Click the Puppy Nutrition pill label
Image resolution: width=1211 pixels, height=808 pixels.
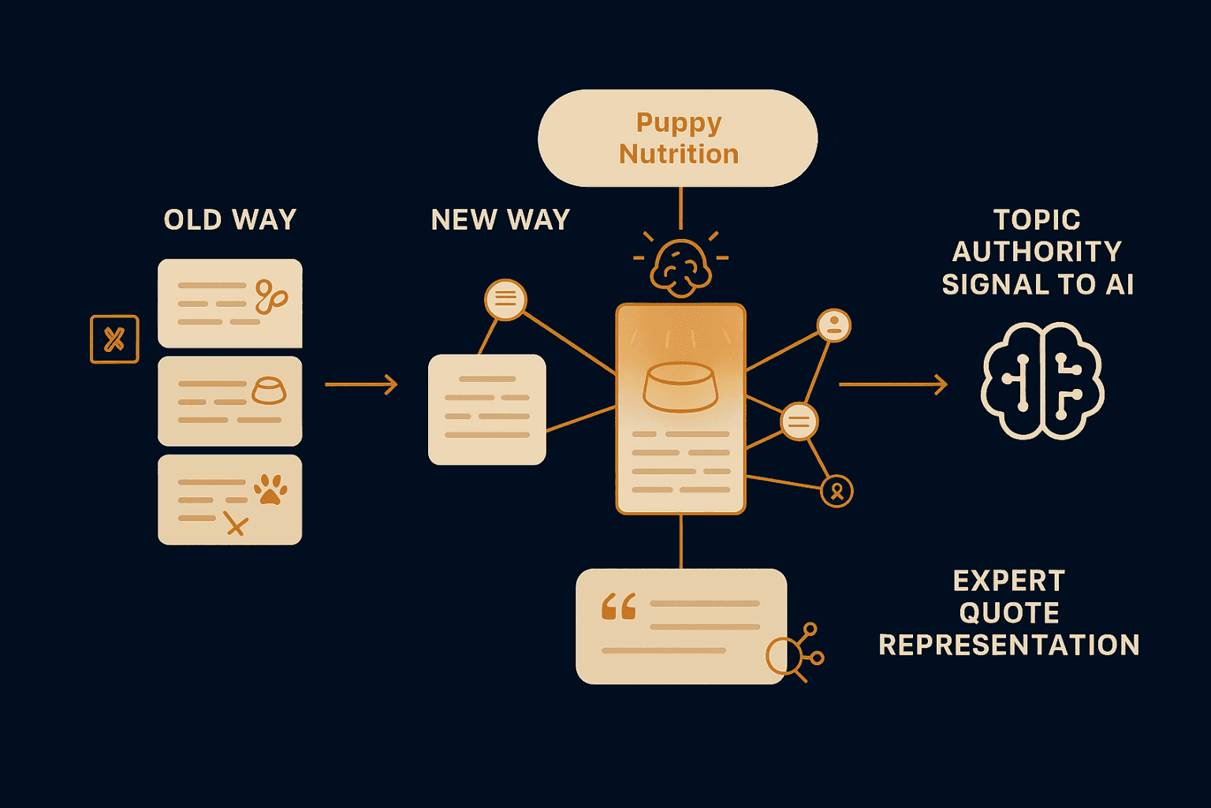pyautogui.click(x=678, y=138)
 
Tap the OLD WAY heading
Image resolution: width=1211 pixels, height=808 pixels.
pyautogui.click(x=229, y=219)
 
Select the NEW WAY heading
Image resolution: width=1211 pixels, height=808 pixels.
pyautogui.click(x=500, y=219)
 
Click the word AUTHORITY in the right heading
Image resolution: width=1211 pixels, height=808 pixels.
pyautogui.click(x=1037, y=252)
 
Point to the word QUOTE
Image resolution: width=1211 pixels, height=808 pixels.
pyautogui.click(x=1008, y=613)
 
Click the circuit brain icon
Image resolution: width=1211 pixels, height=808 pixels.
pyautogui.click(x=1041, y=380)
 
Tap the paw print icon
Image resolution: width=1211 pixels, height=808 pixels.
pyautogui.click(x=270, y=489)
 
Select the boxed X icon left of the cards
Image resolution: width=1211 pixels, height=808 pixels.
pyautogui.click(x=114, y=339)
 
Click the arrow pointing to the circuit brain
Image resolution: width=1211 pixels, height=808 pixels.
pyautogui.click(x=892, y=384)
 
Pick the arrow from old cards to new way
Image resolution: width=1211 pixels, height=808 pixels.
pyautogui.click(x=361, y=384)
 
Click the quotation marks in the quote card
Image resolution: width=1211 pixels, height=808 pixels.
pyautogui.click(x=619, y=608)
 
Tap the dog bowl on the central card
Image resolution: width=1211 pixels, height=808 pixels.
pyautogui.click(x=680, y=387)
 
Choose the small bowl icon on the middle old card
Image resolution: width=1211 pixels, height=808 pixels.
pyautogui.click(x=268, y=391)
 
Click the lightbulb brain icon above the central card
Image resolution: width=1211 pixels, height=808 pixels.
pyautogui.click(x=680, y=267)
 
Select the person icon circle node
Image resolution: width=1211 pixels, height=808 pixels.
pyautogui.click(x=833, y=325)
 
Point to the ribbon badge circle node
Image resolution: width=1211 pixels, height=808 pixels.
pyautogui.click(x=837, y=491)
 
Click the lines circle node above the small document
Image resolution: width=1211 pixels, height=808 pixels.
pyautogui.click(x=505, y=299)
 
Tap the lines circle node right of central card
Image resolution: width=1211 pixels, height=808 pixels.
pyautogui.click(x=799, y=421)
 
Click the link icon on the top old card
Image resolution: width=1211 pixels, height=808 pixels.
pyautogui.click(x=270, y=297)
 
